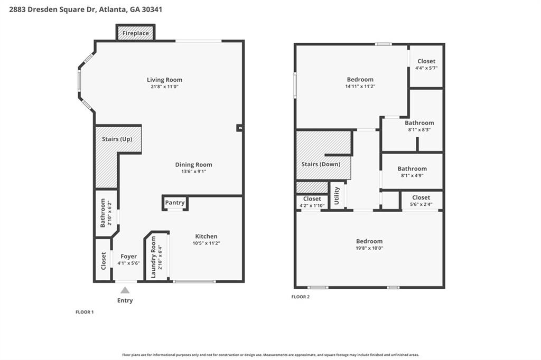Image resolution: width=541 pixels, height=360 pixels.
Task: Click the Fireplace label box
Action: (135, 32)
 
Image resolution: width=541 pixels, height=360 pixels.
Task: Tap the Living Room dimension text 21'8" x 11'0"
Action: (164, 87)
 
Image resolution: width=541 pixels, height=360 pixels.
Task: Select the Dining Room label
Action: (193, 165)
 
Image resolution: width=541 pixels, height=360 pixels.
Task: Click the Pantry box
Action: (175, 203)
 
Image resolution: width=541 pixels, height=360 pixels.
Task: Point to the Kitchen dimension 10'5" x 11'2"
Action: (206, 243)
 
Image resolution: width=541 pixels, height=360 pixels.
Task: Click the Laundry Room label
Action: (153, 257)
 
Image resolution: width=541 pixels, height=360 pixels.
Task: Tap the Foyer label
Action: (128, 256)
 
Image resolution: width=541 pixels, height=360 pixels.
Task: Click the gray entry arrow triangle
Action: (125, 290)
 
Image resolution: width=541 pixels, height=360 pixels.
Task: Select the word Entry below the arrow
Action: (125, 300)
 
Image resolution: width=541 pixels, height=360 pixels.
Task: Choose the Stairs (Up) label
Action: (117, 139)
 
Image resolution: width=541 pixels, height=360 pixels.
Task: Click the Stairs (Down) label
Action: (321, 164)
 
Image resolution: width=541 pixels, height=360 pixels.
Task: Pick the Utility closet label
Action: (337, 195)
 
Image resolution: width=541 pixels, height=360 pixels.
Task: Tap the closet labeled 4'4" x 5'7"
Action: (426, 64)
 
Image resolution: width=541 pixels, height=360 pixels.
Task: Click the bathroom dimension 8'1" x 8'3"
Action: (419, 130)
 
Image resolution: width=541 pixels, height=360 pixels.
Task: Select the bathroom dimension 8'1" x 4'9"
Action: (412, 176)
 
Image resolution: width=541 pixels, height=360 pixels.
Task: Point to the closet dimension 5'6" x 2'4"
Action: (421, 204)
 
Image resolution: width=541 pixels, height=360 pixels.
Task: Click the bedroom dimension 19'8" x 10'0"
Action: (369, 248)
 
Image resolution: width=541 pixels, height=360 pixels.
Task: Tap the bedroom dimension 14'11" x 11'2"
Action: (360, 86)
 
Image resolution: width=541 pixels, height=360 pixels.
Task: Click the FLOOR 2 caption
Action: (301, 297)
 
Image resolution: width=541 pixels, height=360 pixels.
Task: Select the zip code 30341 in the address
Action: (151, 10)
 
